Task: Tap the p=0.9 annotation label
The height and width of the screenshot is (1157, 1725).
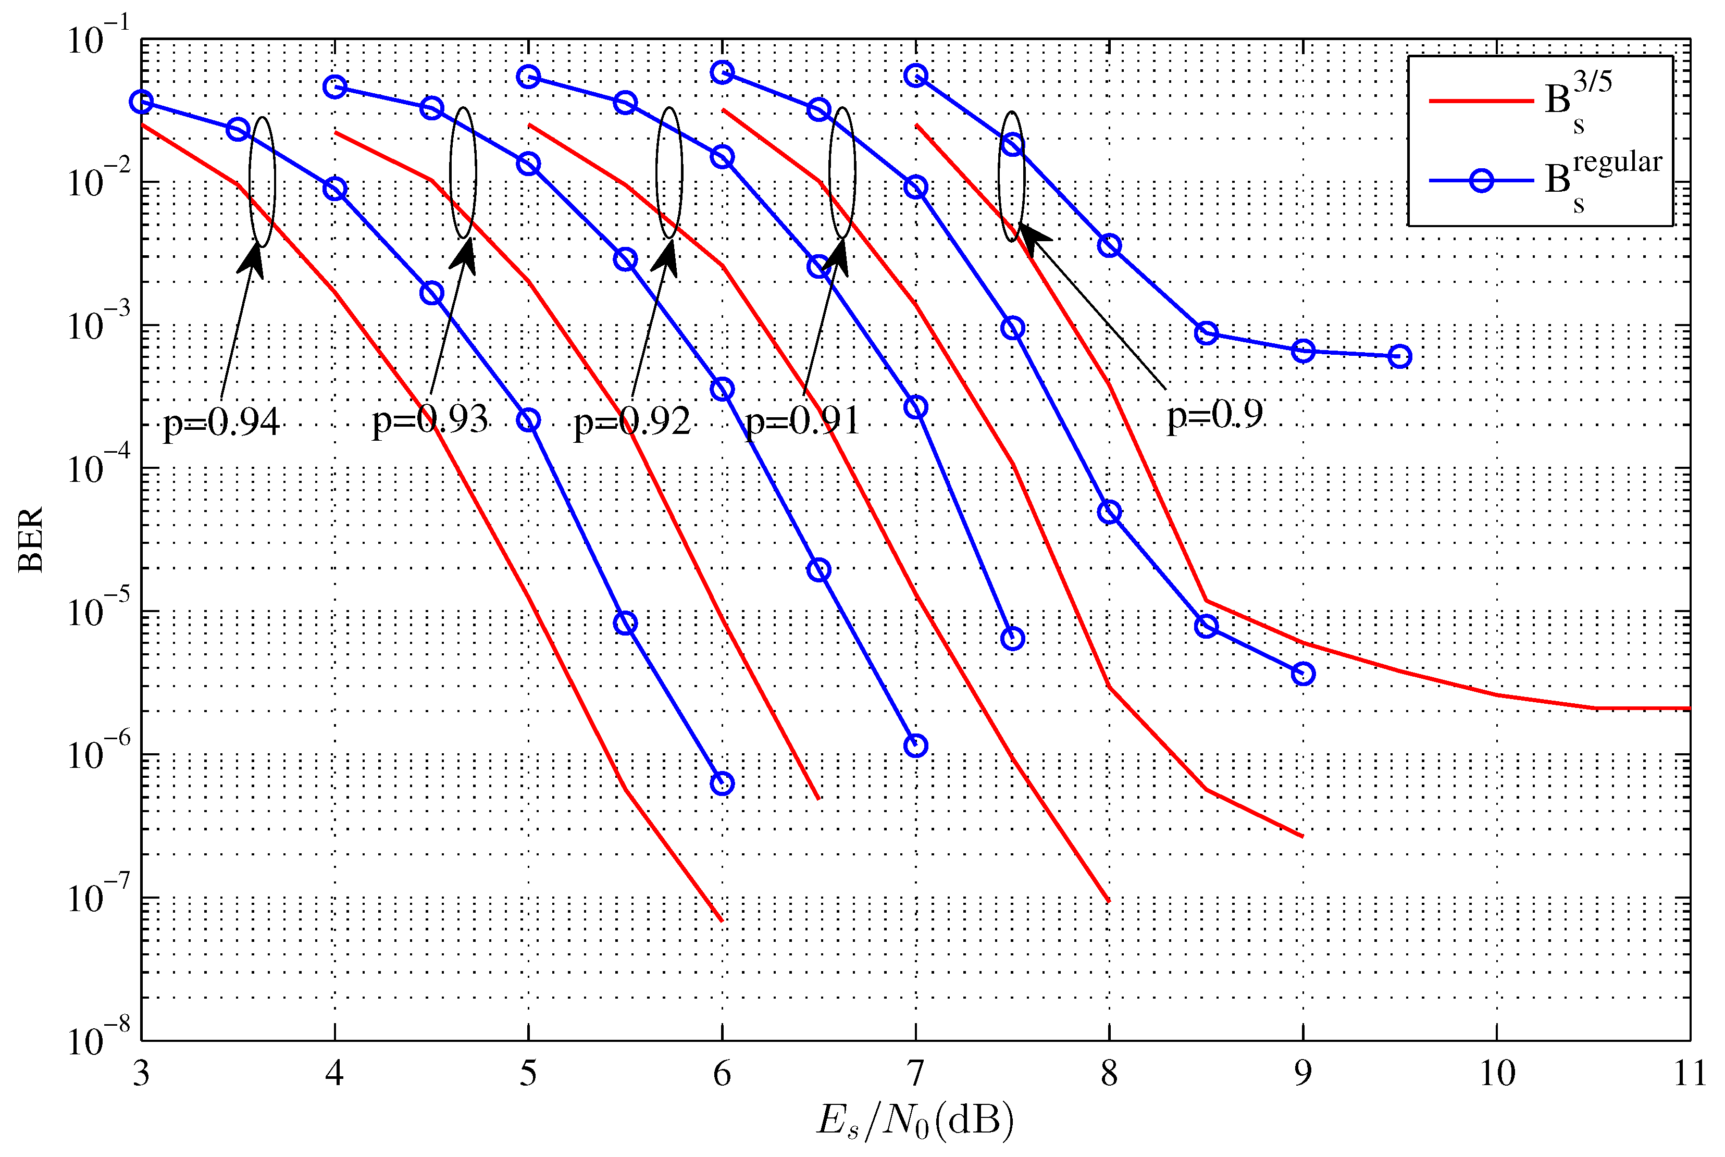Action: (x=1214, y=415)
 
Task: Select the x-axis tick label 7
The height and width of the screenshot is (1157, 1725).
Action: (x=915, y=1074)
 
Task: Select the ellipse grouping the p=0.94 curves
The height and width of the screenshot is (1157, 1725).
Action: (x=262, y=181)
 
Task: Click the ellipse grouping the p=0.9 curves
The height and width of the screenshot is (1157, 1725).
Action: (x=1012, y=177)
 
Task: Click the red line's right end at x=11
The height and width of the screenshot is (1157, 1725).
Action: (x=1688, y=708)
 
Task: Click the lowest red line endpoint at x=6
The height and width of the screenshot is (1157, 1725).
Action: (x=721, y=920)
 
